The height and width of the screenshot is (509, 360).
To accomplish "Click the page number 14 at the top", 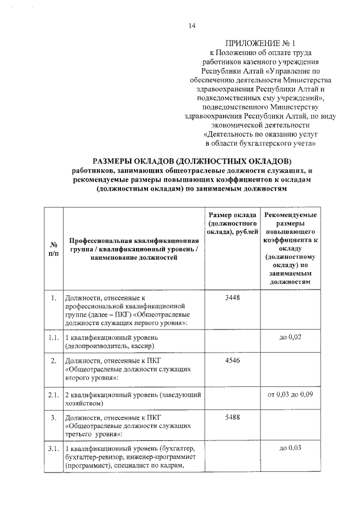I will coord(191,25).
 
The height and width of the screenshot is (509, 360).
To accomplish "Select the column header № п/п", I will coord(53,249).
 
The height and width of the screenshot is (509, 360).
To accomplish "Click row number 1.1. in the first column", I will coord(53,337).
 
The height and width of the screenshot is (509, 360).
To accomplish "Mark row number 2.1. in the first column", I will coord(53,395).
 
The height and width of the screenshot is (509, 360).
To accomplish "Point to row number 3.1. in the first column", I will coord(53,448).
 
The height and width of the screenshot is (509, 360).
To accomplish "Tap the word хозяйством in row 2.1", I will coord(84,404).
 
